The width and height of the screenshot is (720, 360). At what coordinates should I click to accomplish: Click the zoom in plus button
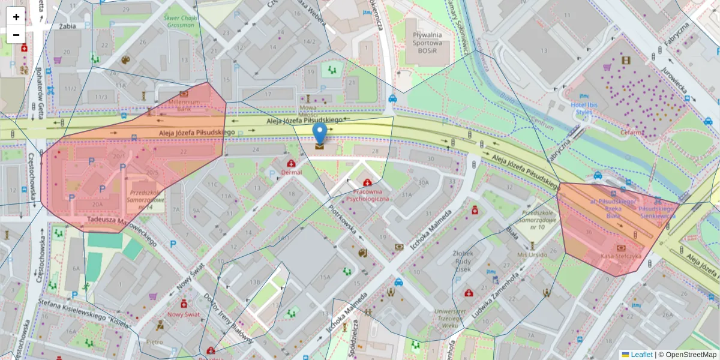pos(16,17)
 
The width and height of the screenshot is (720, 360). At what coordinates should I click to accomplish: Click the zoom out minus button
pos(16,35)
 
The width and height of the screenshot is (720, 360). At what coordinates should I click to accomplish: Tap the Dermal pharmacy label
pos(291,172)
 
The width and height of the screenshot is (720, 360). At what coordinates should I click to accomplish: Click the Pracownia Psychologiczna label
pos(368,194)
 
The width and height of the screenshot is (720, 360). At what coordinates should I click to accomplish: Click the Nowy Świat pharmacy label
pos(184,314)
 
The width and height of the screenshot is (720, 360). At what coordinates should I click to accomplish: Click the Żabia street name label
pos(68,26)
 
